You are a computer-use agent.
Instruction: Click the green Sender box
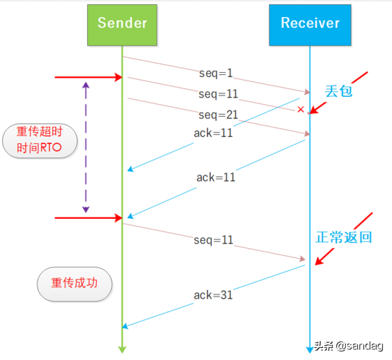click(122, 24)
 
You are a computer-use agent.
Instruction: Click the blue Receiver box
click(309, 24)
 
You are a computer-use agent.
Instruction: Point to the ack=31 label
click(213, 294)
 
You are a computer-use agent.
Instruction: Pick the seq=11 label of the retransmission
click(213, 240)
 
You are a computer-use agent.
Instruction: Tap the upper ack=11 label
click(213, 133)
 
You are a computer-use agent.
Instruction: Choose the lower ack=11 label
click(215, 177)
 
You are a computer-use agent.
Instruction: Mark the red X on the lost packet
click(301, 110)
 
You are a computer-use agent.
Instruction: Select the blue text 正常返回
click(344, 237)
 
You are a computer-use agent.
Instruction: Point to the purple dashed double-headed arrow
click(86, 146)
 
